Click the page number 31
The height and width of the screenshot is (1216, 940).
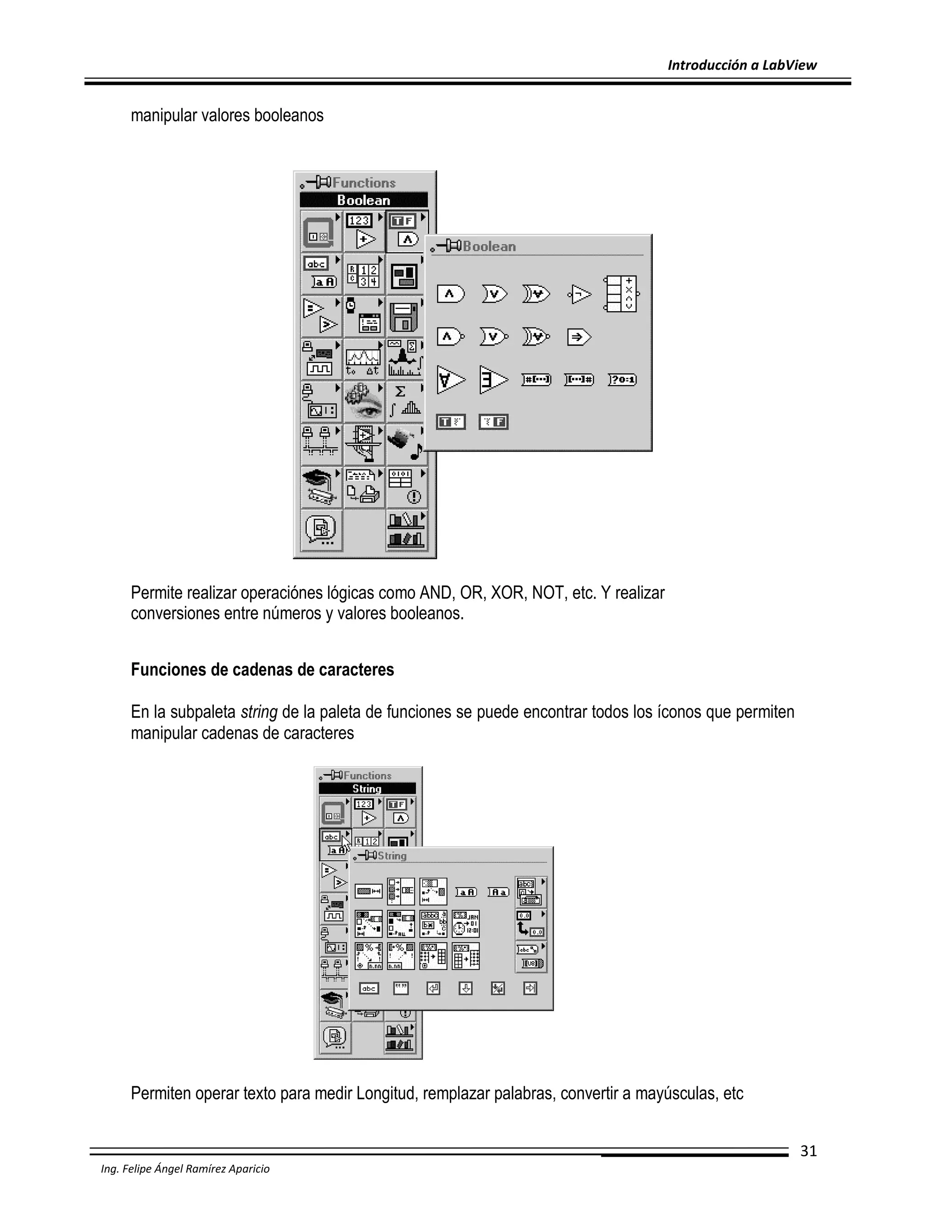[x=808, y=1151]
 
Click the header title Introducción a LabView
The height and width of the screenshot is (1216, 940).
[x=742, y=65]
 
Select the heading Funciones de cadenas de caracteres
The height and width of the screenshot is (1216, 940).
[x=262, y=669]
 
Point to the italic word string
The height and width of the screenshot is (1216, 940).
[x=259, y=712]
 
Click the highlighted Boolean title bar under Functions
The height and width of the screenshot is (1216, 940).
[x=364, y=200]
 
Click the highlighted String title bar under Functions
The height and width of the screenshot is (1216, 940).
[x=367, y=788]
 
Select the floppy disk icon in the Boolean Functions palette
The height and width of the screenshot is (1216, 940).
[x=404, y=317]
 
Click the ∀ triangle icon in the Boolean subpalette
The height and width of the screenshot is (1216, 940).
[x=450, y=380]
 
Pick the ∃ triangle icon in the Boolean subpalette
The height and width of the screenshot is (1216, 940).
[x=493, y=380]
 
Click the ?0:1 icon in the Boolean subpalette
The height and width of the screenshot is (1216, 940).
[x=622, y=380]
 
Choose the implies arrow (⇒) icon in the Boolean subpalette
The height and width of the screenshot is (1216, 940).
[x=579, y=337]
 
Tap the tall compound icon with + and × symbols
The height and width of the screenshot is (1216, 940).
[x=621, y=293]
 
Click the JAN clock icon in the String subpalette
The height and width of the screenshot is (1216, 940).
[x=465, y=924]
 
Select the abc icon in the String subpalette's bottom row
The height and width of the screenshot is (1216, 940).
[x=369, y=988]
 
